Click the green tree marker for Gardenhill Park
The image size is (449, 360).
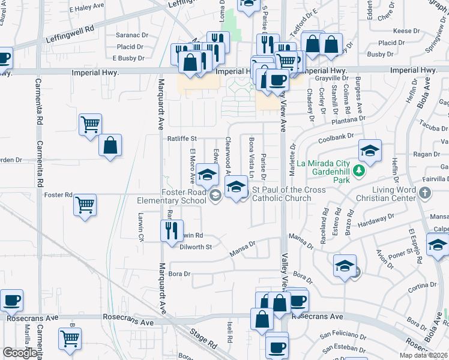[x=359, y=172]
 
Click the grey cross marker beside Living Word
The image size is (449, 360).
[x=426, y=193]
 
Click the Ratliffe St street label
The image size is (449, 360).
[x=182, y=139]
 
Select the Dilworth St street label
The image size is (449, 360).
[x=196, y=247]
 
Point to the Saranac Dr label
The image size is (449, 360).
[x=132, y=35]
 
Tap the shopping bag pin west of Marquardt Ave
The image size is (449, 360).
[x=110, y=145]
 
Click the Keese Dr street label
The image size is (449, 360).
[x=406, y=31]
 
